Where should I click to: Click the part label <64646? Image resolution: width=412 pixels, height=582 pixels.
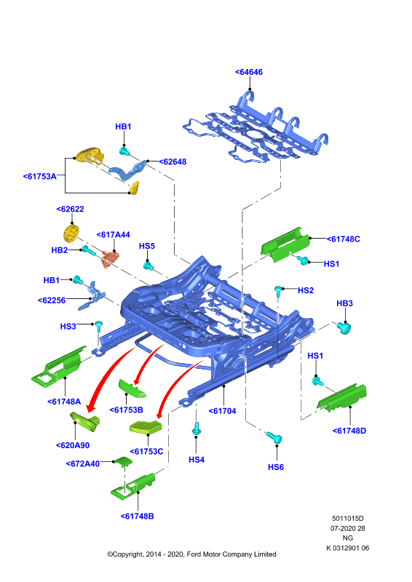pos(248,72)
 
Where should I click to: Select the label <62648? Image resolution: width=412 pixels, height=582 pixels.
pos(173,162)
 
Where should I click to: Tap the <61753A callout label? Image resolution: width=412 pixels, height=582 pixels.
pos(40,176)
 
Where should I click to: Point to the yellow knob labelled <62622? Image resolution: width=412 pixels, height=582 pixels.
pos(70,233)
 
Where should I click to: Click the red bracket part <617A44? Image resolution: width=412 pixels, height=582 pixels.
pos(111,259)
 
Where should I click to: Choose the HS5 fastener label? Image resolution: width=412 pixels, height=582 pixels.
pos(147,246)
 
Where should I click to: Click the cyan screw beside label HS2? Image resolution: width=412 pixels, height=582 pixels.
pos(278,292)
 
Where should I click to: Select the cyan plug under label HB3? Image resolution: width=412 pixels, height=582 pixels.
pos(344,328)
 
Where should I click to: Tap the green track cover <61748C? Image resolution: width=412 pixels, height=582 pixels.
pos(285,245)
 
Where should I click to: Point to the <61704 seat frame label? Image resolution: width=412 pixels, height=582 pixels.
pos(222,411)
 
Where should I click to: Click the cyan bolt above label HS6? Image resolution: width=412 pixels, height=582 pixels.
pos(274,437)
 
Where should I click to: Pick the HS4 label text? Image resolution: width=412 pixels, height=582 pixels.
pos(197,460)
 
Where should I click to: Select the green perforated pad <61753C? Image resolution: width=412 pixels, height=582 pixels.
pos(146,426)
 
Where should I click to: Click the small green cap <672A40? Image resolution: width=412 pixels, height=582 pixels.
pos(122,461)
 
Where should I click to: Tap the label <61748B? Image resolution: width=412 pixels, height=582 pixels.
pos(137,517)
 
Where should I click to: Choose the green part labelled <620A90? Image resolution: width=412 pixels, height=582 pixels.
pos(85,421)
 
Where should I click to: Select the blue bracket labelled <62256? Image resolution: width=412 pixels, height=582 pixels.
pos(92,296)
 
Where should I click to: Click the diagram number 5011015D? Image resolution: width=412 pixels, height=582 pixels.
pos(348,519)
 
